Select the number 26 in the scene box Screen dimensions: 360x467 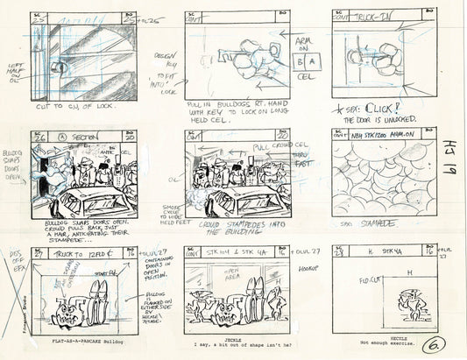tap(37, 136)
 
